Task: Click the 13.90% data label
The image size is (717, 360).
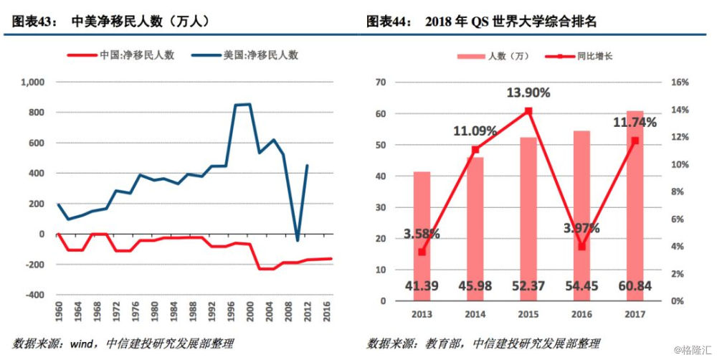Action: click(x=528, y=93)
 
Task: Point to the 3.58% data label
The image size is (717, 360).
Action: click(x=422, y=233)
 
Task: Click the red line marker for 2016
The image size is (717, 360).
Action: click(x=581, y=246)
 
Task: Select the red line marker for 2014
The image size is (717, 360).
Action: click(x=475, y=150)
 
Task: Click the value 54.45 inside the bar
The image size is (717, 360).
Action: click(x=581, y=286)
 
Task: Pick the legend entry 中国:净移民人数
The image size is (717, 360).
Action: click(x=136, y=55)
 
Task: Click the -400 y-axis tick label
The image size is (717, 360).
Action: click(x=34, y=295)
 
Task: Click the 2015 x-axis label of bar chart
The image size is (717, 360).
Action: click(x=528, y=314)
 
